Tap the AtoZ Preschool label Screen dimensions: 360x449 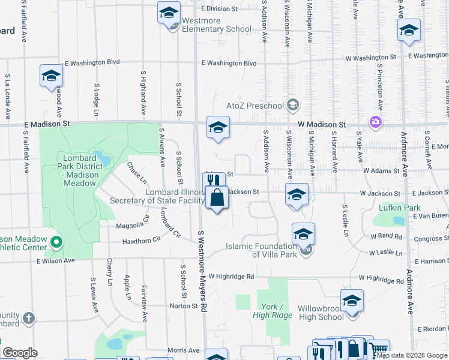pos(255,106)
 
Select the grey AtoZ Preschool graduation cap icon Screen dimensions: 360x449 pos(292,106)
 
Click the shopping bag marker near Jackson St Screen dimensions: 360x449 pos(217,197)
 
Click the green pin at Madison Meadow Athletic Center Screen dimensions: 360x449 pos(56,242)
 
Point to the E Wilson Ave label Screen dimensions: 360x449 pos(56,261)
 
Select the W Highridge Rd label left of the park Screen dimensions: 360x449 pos(229,277)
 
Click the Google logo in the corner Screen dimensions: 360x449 pos(20,352)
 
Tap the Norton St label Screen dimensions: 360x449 pos(184,306)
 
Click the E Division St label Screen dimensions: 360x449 pos(220,9)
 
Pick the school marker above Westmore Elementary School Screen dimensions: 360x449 pos(169,13)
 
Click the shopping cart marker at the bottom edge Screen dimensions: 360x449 pos(379,348)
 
